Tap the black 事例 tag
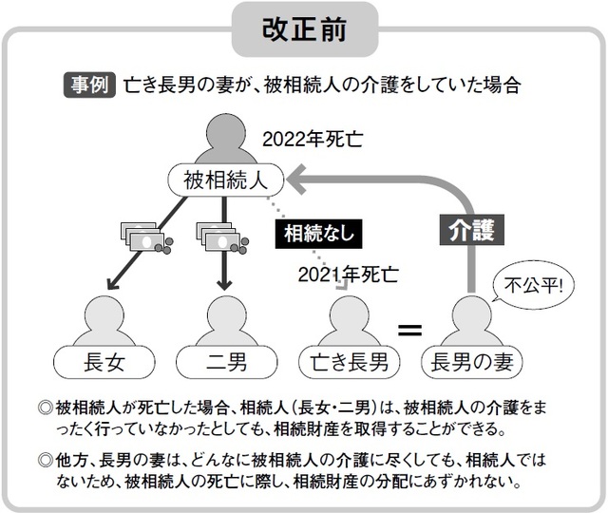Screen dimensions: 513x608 tap(88, 85)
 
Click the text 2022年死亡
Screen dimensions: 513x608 tap(313, 142)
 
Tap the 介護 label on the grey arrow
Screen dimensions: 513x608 tap(471, 230)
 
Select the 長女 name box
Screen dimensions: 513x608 tap(106, 361)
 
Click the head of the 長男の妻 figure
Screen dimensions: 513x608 tap(470, 313)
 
